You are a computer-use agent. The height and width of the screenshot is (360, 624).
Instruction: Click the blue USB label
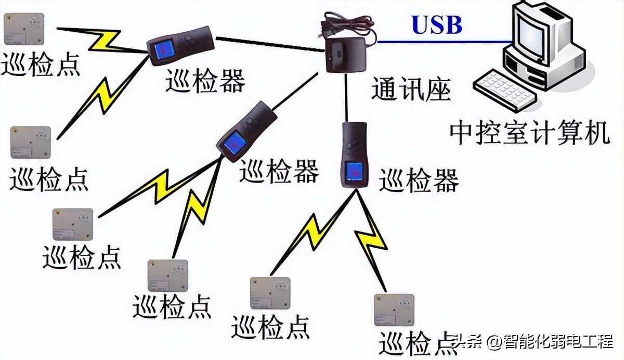click(x=437, y=24)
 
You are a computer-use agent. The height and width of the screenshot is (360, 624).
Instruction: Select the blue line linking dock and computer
click(x=442, y=42)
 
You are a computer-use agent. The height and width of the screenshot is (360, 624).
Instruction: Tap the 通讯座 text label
click(x=410, y=90)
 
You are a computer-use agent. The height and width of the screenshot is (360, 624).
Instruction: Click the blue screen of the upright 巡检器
click(x=355, y=170)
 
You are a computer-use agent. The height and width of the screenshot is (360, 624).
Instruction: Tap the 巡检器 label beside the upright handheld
click(x=419, y=180)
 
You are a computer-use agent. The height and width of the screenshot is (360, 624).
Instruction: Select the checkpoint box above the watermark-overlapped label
click(x=394, y=310)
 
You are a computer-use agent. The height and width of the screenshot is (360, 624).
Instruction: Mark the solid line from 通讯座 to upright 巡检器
click(x=346, y=99)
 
